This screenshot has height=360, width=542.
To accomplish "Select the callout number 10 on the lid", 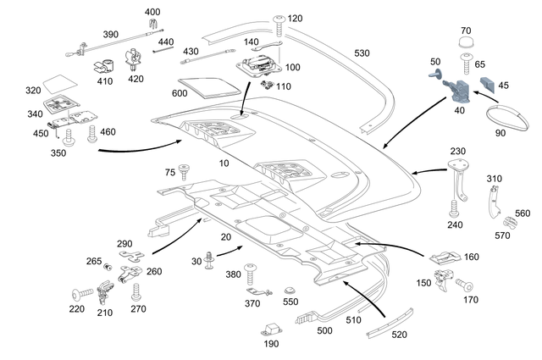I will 224,162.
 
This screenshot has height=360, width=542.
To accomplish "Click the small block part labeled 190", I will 272,328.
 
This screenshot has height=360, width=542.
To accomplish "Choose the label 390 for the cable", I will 111,35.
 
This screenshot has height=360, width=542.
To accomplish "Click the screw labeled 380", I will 252,271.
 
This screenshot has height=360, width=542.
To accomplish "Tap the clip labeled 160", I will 447,256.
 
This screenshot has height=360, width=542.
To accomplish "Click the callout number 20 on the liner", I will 226,239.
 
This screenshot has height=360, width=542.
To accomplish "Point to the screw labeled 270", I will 136,292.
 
